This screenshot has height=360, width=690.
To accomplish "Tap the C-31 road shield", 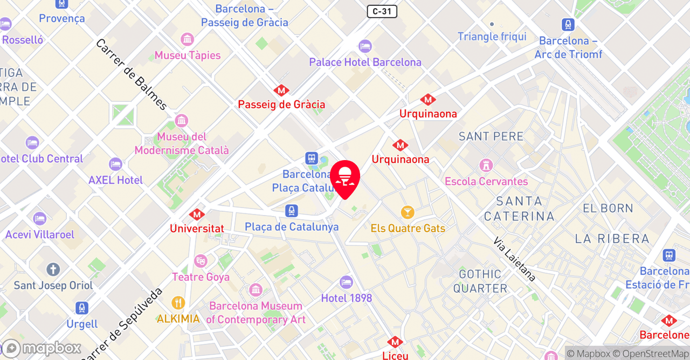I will [382, 11].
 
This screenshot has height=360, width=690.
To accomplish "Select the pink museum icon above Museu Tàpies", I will [188, 39].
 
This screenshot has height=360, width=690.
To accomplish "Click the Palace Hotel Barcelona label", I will [365, 62].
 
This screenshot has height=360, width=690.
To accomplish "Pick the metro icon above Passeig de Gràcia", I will [281, 90].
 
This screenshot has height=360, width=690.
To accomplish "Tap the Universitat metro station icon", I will [197, 214].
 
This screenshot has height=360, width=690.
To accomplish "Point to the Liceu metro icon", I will [395, 342].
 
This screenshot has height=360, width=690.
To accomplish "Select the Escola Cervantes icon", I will [486, 165].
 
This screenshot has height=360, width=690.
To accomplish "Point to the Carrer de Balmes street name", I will [132, 74].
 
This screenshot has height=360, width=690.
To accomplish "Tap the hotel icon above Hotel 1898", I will [346, 282].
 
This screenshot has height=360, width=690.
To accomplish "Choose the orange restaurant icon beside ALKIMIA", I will [178, 303].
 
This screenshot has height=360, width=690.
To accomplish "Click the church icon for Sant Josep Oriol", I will [53, 269].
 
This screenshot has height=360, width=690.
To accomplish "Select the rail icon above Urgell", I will [82, 308].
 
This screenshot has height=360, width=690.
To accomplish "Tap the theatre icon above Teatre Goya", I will [201, 261].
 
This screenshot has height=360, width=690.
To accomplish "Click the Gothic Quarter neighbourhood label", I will [480, 281].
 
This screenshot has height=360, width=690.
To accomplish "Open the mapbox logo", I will [41, 348].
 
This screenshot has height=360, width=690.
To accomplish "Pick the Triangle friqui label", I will [492, 37].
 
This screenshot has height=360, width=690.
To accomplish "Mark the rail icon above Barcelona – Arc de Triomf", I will [568, 25].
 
